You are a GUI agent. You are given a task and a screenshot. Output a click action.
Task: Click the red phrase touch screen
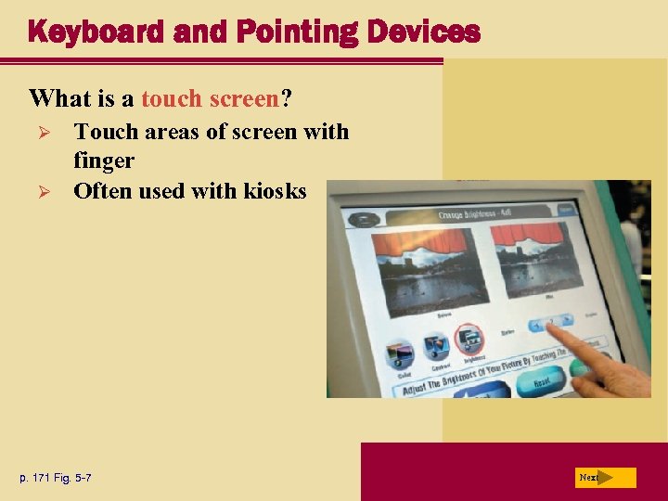click(210, 97)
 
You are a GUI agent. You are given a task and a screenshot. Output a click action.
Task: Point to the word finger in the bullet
click(104, 161)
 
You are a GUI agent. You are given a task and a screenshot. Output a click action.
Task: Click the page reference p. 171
click(40, 478)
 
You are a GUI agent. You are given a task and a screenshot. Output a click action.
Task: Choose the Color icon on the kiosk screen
click(400, 356)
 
